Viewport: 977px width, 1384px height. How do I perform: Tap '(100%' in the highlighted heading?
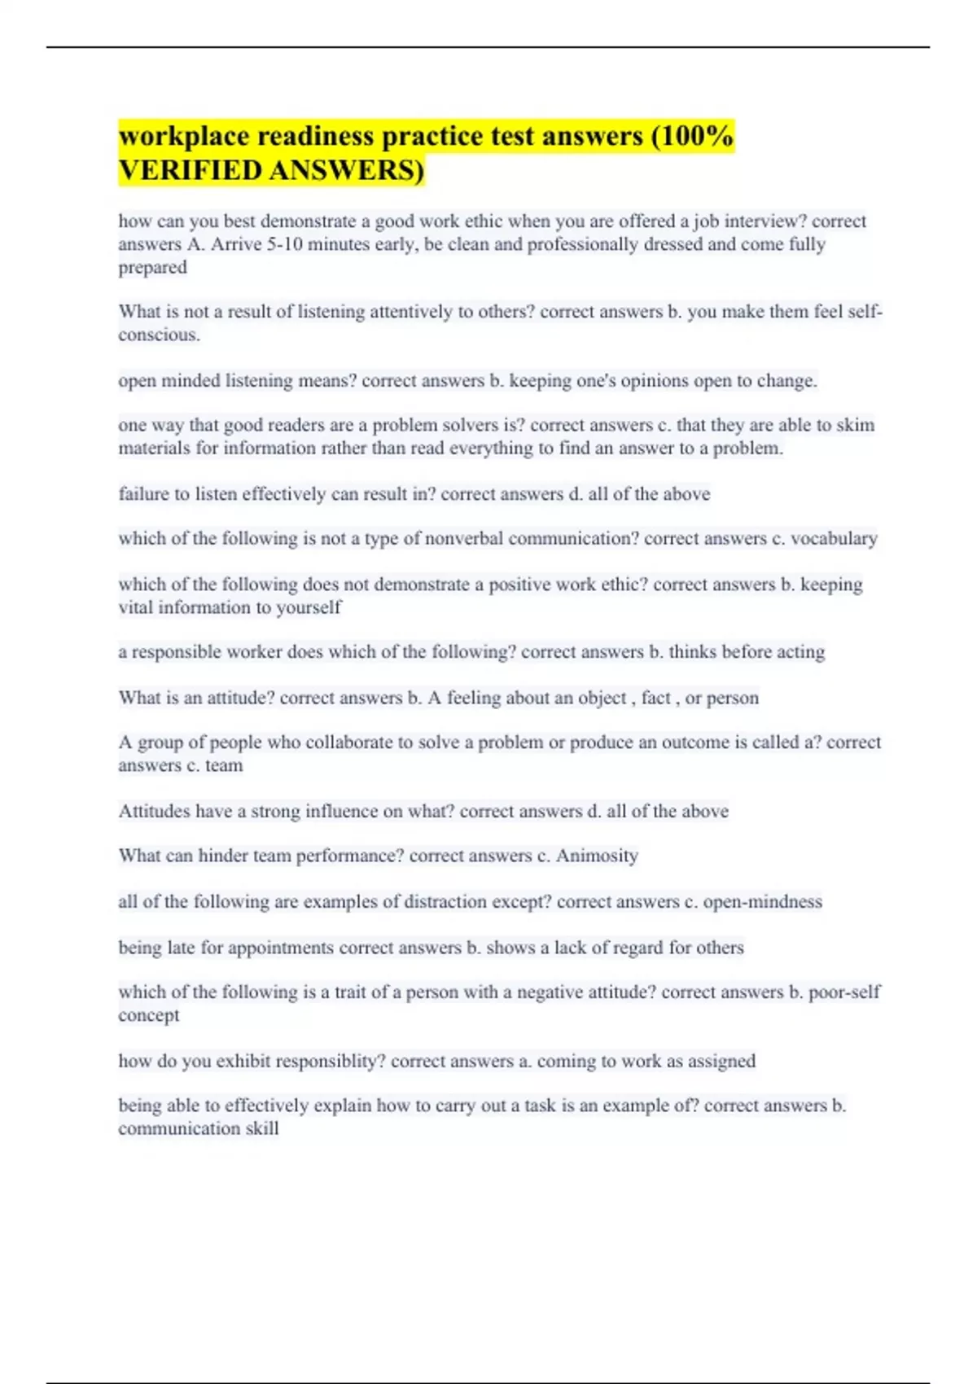pyautogui.click(x=692, y=136)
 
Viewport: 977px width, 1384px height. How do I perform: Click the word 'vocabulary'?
pyautogui.click(x=834, y=538)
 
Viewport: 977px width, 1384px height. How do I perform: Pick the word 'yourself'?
pyautogui.click(x=309, y=607)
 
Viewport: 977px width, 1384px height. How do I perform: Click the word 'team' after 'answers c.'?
pyautogui.click(x=224, y=765)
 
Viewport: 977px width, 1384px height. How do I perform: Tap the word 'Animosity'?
pyautogui.click(x=597, y=856)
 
